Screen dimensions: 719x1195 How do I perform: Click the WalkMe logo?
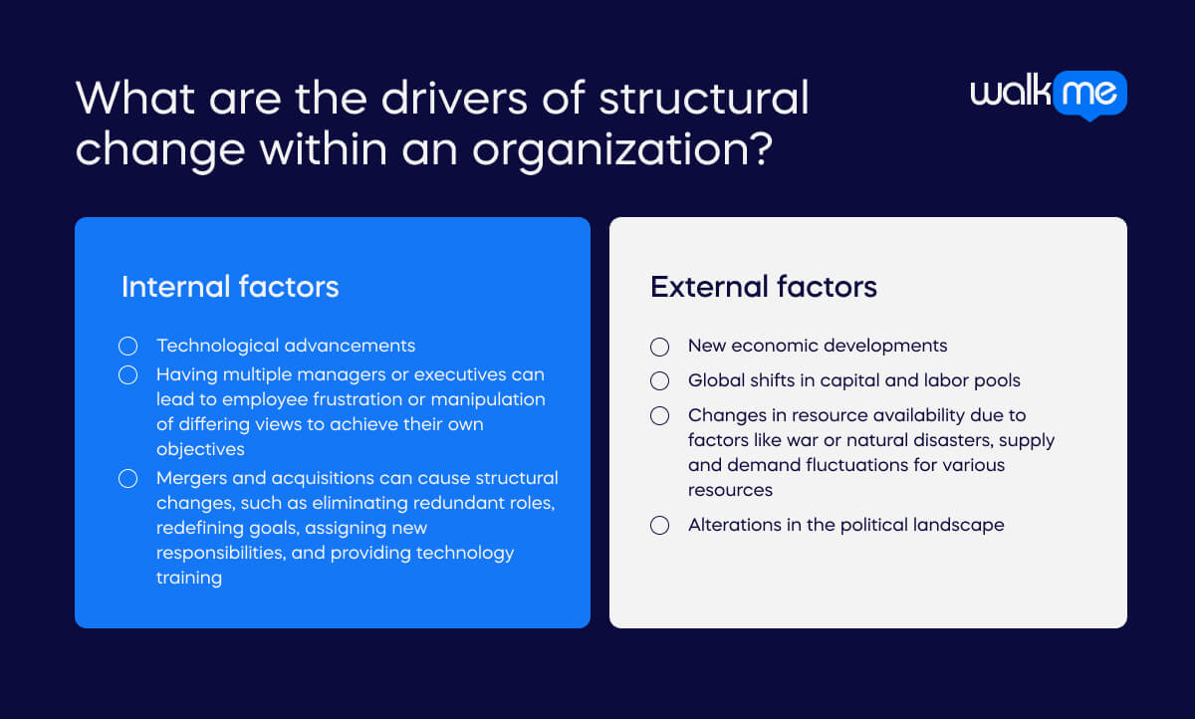tap(1049, 94)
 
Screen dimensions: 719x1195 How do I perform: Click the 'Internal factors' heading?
tap(230, 287)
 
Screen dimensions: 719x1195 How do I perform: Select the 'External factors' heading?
tap(764, 287)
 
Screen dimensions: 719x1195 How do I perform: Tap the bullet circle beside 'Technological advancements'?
tap(127, 347)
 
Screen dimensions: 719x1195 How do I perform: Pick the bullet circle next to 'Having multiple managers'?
tap(127, 375)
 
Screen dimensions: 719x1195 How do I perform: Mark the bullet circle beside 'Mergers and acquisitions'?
tap(127, 479)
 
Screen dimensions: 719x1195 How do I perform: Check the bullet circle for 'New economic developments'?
tap(659, 347)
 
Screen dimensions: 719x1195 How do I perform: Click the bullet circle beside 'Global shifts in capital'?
tap(659, 380)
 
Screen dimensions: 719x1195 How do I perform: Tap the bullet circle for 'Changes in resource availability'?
tap(659, 415)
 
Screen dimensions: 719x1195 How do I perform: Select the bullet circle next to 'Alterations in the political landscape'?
tap(659, 525)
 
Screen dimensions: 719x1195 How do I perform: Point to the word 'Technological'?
tap(217, 346)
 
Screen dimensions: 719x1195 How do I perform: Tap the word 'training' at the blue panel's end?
tap(189, 578)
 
